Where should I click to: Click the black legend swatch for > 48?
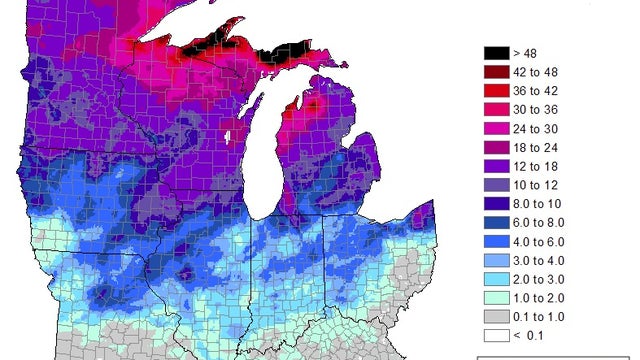pos(496,52)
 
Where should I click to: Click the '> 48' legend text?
pos(526,52)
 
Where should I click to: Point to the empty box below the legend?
pos(556,356)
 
